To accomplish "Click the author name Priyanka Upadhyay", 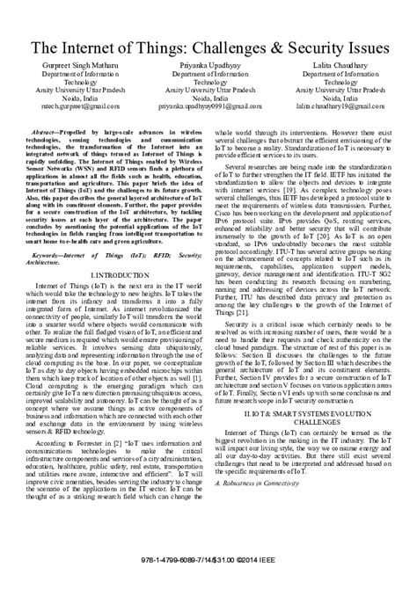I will click(208, 67).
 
